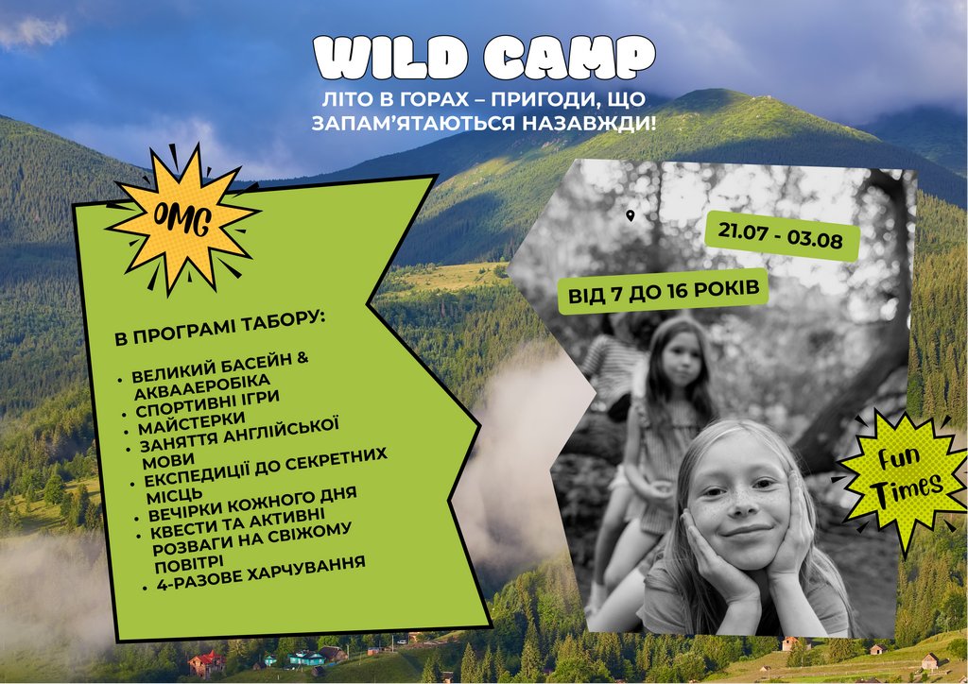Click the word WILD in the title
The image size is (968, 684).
(390, 58)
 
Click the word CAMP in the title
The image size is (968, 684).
(568, 58)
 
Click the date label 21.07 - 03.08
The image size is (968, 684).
(780, 235)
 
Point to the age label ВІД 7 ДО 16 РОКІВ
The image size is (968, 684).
(663, 291)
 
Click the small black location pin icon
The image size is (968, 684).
(630, 215)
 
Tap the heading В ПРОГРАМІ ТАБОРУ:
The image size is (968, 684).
(220, 328)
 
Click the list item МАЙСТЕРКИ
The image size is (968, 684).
(191, 424)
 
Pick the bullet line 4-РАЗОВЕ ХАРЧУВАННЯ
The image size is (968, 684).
(261, 573)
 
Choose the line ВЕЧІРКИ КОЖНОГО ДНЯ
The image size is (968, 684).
(251, 504)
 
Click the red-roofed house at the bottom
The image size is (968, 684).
(207, 663)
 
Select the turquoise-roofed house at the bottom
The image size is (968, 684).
(307, 658)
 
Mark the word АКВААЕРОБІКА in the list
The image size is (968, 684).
(202, 386)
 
